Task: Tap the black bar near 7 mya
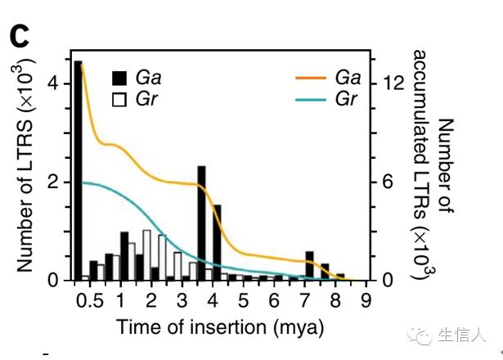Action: tap(309, 266)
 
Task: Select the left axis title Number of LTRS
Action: tap(25, 172)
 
